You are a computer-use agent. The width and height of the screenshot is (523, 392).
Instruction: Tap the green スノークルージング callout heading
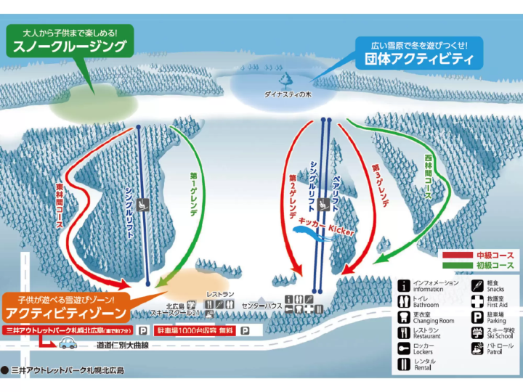(x=70, y=48)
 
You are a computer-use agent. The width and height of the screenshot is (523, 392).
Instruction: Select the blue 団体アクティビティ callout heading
(x=414, y=60)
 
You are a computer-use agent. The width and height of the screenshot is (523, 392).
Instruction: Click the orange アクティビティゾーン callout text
(x=66, y=313)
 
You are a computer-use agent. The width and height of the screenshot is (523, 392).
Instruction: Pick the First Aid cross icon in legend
(x=476, y=301)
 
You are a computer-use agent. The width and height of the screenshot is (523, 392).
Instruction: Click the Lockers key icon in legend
(x=404, y=349)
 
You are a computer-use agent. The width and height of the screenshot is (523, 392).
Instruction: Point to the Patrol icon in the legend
(x=476, y=349)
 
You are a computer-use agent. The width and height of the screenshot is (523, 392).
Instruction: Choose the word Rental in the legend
(x=423, y=368)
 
